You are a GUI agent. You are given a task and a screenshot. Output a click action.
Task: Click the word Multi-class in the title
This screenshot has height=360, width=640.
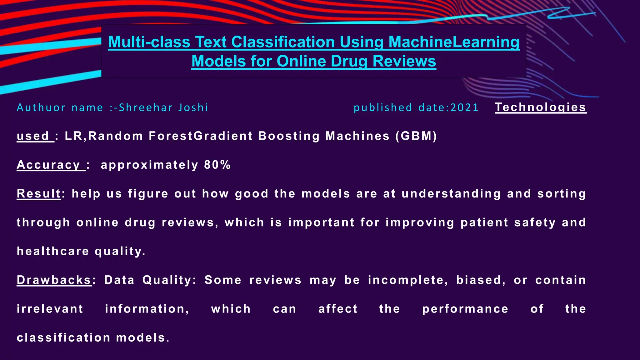(x=149, y=42)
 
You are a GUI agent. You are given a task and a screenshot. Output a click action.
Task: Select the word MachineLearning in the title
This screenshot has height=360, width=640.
(x=454, y=42)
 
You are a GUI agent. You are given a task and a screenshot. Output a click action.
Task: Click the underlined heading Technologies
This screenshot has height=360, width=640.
(x=541, y=107)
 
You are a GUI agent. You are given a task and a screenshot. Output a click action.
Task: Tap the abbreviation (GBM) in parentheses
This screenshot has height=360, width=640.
(x=416, y=136)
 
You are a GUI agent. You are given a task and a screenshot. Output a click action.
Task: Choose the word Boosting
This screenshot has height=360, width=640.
(x=289, y=136)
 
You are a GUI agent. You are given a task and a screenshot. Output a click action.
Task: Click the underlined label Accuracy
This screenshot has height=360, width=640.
(x=49, y=165)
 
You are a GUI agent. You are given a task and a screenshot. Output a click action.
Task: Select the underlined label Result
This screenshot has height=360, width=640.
(x=39, y=194)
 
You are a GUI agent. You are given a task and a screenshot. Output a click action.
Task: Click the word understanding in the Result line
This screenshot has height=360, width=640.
(x=451, y=194)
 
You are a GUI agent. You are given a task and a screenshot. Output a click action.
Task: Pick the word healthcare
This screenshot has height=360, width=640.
(x=53, y=251)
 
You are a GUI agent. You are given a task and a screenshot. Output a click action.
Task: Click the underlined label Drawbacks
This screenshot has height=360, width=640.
(x=54, y=280)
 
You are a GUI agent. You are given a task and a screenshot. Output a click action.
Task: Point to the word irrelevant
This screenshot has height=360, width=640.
(x=50, y=309)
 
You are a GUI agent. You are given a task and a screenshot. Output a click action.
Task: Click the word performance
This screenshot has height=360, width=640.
(x=465, y=309)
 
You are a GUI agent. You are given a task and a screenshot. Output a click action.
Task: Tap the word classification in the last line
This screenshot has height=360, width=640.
(x=63, y=338)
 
